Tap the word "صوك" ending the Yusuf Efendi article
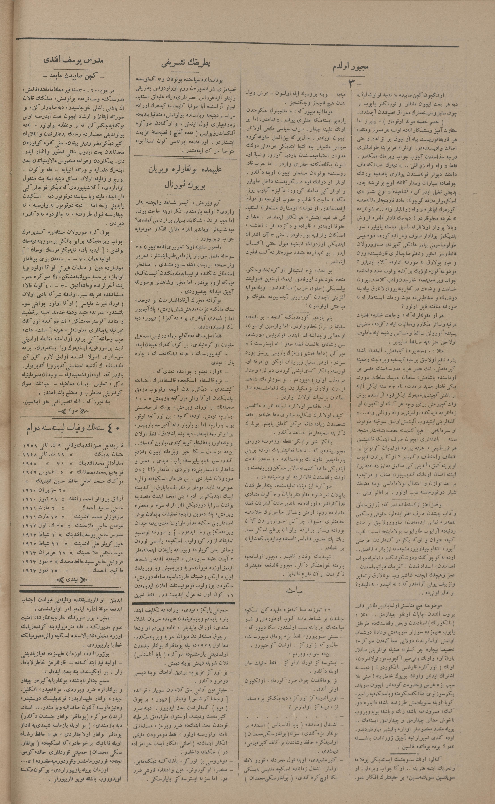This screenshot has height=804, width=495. click(x=73, y=411)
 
